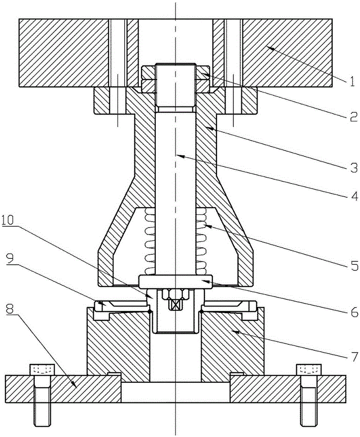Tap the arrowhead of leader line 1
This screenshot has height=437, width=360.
(x=270, y=49)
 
